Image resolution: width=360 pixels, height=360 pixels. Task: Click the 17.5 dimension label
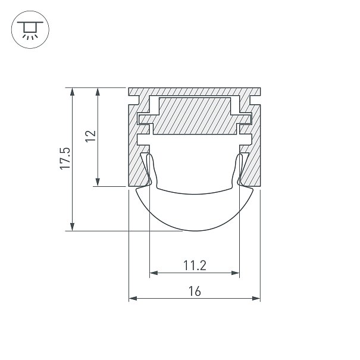(x=65, y=158)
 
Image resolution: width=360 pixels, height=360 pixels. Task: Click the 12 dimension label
(x=90, y=136)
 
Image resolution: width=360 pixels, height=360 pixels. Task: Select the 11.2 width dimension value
(x=195, y=265)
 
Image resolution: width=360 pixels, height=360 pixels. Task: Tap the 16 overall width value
(x=195, y=291)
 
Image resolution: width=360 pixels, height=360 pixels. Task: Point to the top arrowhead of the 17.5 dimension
(x=73, y=92)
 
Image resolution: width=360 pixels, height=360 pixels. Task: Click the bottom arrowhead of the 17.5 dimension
(x=73, y=227)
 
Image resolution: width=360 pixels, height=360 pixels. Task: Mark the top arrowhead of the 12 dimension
(x=98, y=92)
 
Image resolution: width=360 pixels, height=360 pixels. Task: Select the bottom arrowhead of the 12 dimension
(x=98, y=182)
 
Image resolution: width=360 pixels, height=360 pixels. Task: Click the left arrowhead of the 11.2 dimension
(x=154, y=273)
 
